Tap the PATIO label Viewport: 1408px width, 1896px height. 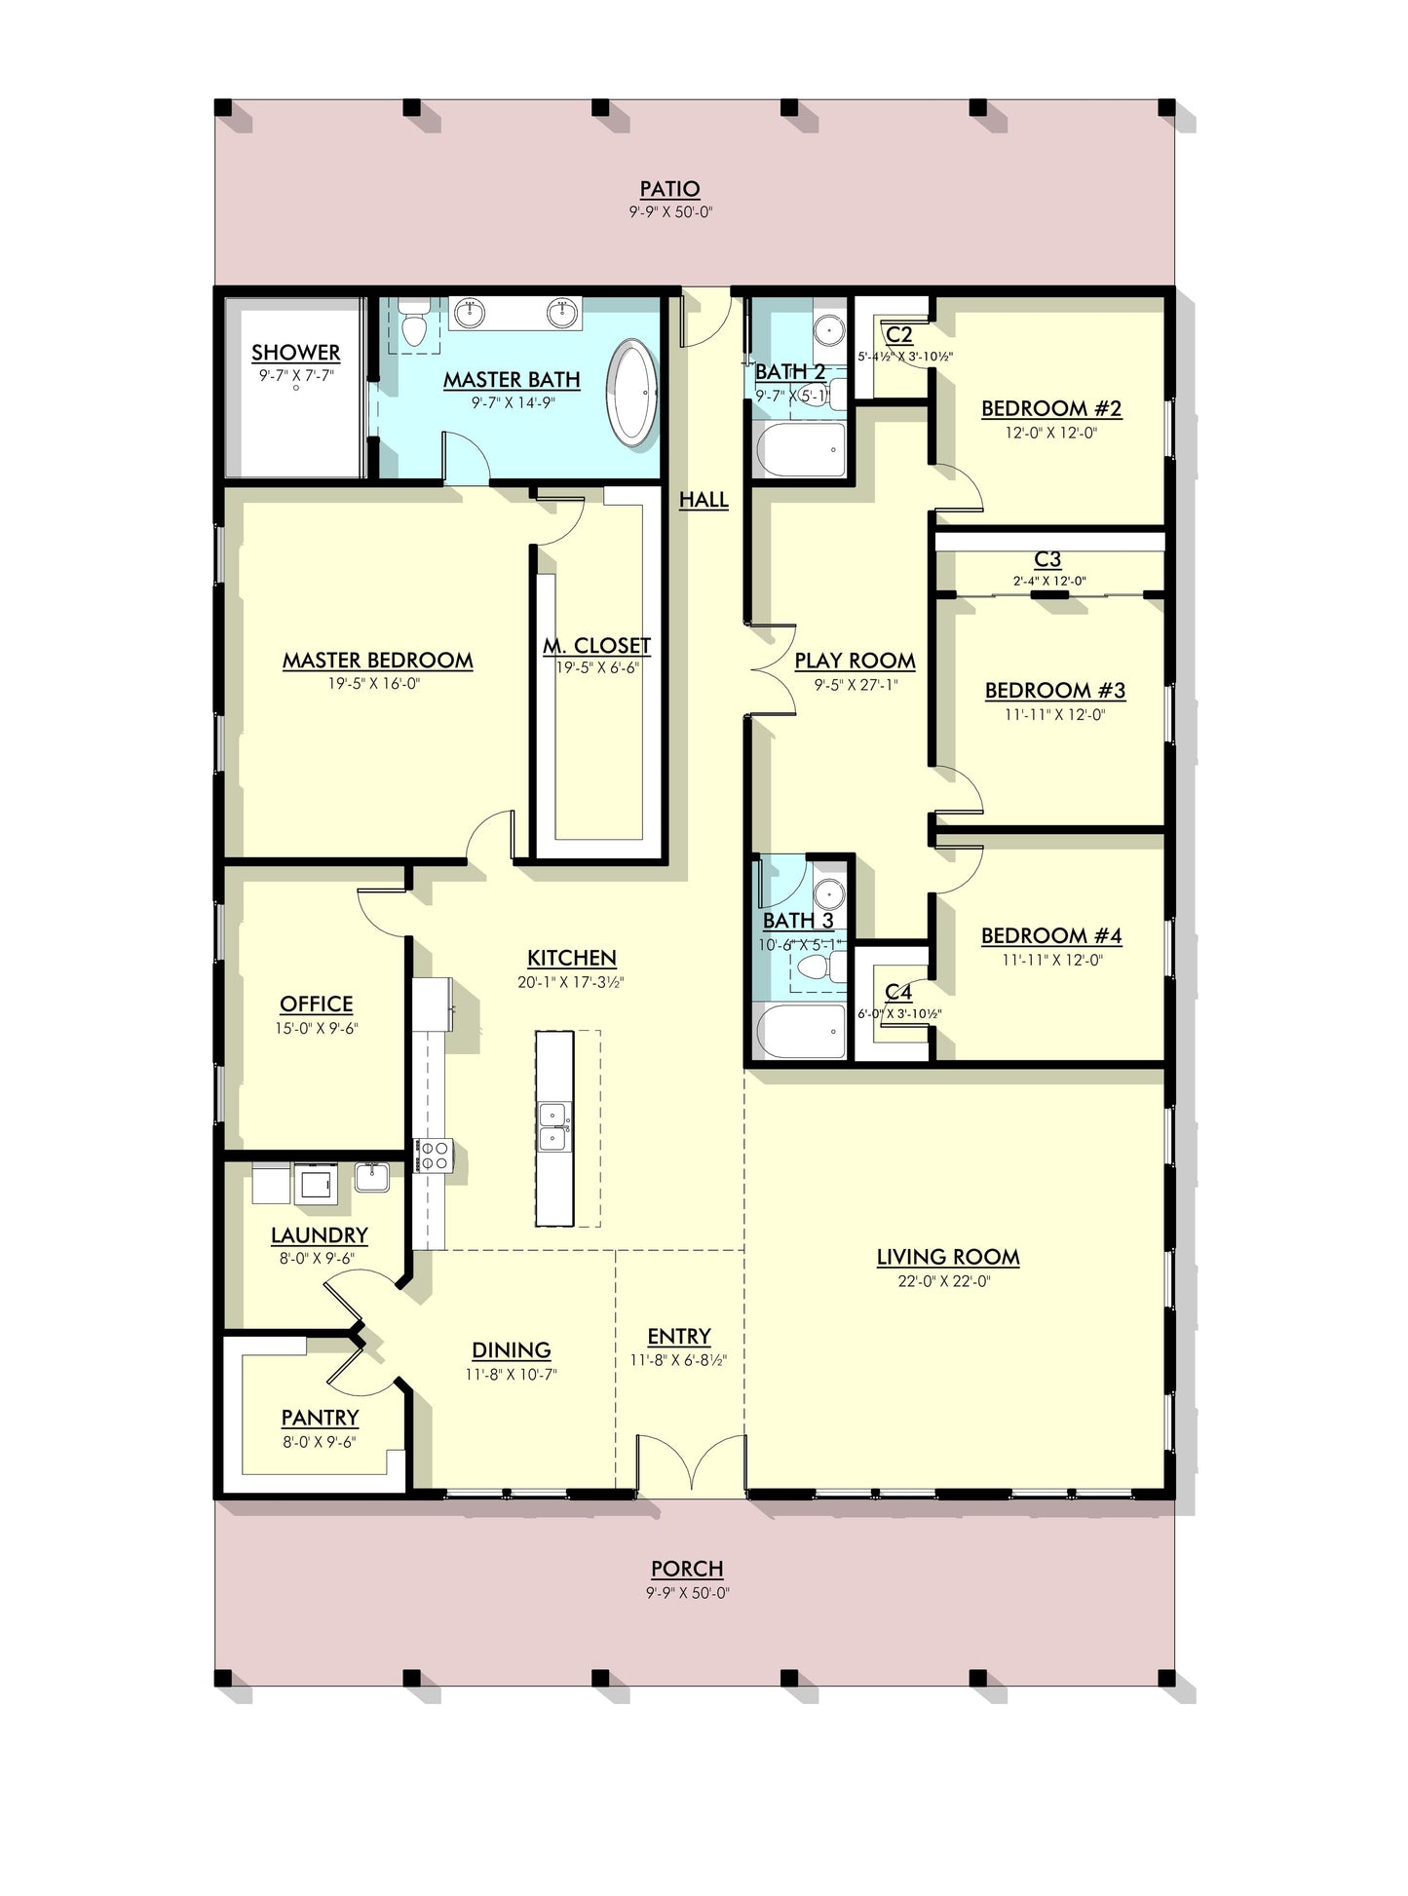pos(670,189)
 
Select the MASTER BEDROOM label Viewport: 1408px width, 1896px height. pos(378,661)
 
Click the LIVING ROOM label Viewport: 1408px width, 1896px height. pos(948,1257)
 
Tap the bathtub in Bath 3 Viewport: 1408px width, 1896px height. pos(802,1031)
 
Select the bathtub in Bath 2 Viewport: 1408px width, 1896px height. pos(802,449)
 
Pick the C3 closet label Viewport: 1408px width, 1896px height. pos(1047,559)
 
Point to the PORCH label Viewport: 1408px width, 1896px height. pos(688,1569)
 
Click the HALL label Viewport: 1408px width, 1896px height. pos(704,500)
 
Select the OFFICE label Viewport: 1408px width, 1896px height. pos(317,1005)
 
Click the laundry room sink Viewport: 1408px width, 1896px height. pos(372,1177)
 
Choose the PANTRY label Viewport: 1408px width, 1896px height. pos(321,1418)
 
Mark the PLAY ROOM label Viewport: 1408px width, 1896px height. pos(856,662)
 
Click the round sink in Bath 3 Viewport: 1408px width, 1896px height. pos(829,892)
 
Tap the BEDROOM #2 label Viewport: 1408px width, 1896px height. pos(1051,408)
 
